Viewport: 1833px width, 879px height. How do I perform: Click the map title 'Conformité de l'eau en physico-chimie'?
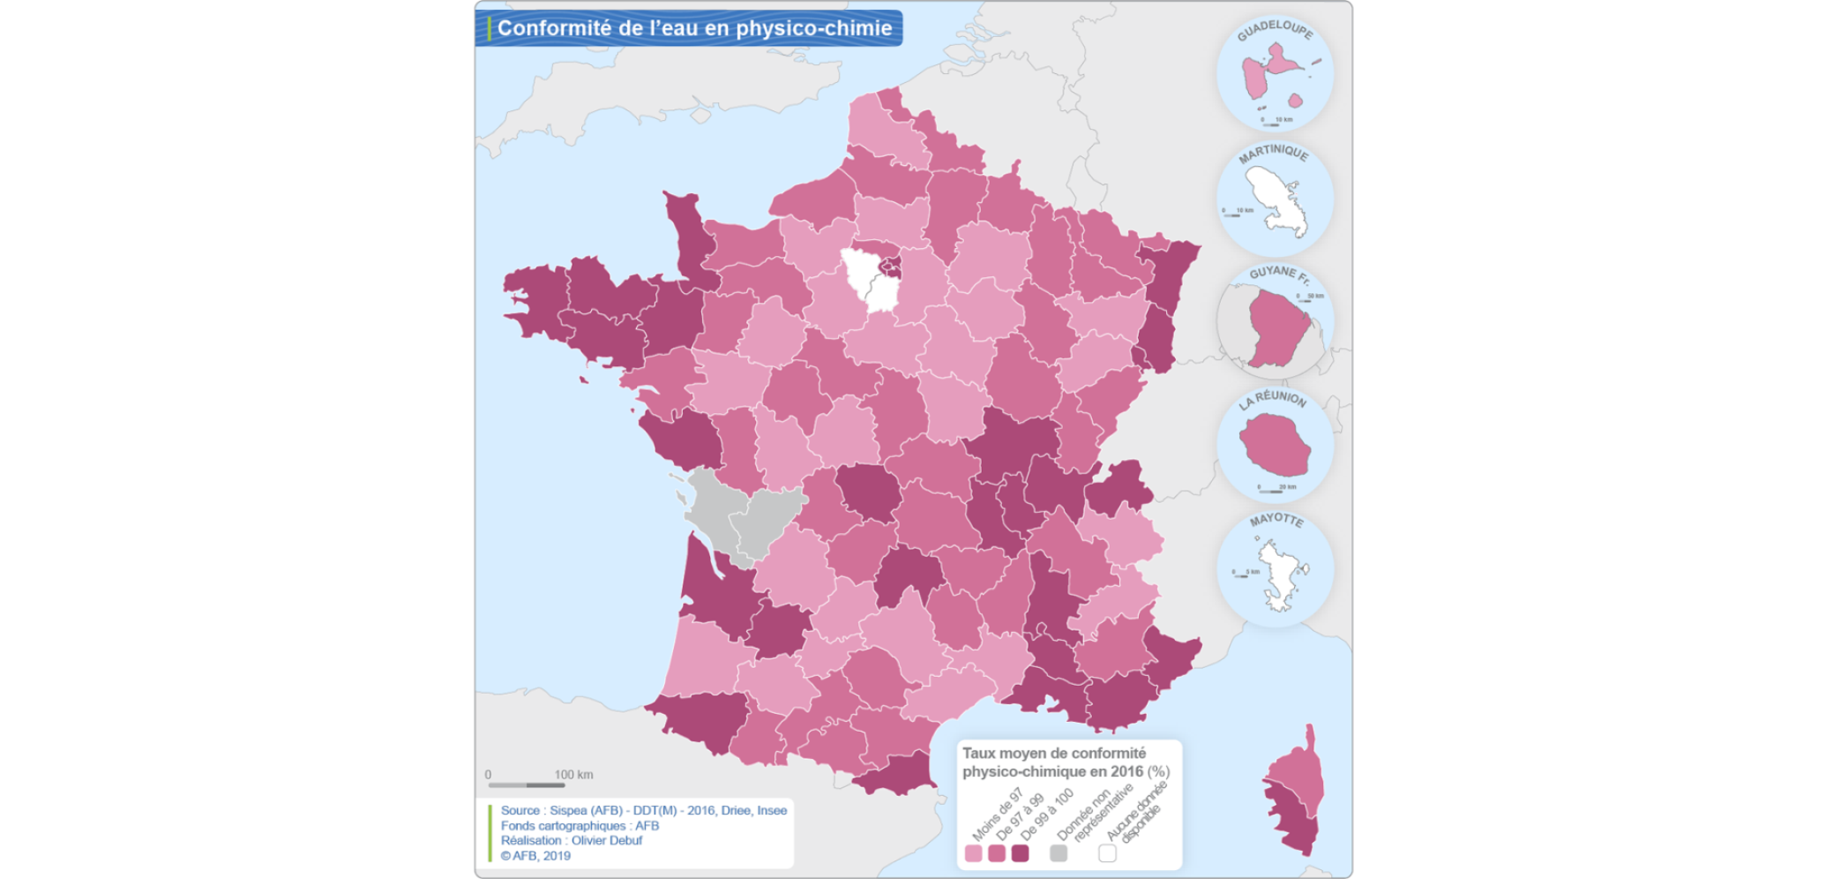pyautogui.click(x=694, y=28)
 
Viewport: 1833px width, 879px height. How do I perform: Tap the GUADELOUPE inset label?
pyautogui.click(x=1275, y=29)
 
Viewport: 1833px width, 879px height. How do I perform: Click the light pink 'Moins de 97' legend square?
pyautogui.click(x=973, y=853)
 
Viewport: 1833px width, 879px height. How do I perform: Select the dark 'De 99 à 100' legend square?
pyautogui.click(x=1020, y=853)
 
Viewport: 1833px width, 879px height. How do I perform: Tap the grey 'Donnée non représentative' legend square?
pyautogui.click(x=1059, y=853)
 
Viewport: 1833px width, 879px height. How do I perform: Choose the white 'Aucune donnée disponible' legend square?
pyautogui.click(x=1107, y=853)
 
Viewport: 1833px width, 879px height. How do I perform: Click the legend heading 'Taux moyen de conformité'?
pyautogui.click(x=1054, y=753)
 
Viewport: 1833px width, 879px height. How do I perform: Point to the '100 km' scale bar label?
pyautogui.click(x=573, y=775)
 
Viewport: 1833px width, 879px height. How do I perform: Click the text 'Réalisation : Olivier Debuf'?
pyautogui.click(x=572, y=840)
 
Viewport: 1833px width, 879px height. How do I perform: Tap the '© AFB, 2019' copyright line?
pyautogui.click(x=535, y=855)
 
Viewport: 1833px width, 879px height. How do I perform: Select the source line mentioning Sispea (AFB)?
pyautogui.click(x=643, y=810)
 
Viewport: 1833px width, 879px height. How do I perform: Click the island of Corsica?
pyautogui.click(x=1295, y=794)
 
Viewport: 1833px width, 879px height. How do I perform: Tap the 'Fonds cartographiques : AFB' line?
pyautogui.click(x=580, y=825)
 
